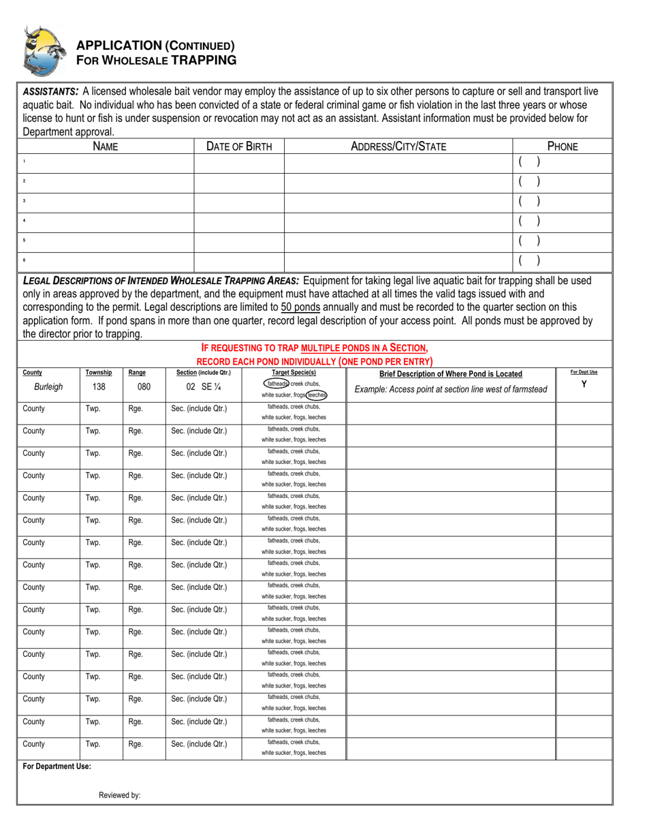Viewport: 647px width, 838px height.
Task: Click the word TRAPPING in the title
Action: (203, 59)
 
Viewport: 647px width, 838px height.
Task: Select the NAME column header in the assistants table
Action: (105, 146)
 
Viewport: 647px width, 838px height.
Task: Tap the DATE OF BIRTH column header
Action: (239, 146)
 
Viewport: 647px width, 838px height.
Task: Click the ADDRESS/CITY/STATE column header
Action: (398, 146)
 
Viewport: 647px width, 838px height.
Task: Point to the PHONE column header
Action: (562, 146)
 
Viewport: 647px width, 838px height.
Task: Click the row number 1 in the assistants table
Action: (24, 161)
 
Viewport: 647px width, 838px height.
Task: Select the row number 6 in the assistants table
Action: (24, 260)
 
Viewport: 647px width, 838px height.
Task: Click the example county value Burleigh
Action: (48, 387)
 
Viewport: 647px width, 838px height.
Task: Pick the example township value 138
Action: (98, 387)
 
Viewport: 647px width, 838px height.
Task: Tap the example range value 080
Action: (144, 387)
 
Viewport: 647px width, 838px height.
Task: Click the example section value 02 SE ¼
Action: (203, 387)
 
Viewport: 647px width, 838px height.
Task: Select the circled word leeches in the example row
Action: (316, 394)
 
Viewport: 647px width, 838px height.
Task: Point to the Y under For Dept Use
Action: (584, 384)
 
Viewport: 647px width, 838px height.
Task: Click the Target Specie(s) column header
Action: (294, 373)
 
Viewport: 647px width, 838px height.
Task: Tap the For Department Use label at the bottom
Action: (57, 766)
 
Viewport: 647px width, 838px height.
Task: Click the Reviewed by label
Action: (119, 795)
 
